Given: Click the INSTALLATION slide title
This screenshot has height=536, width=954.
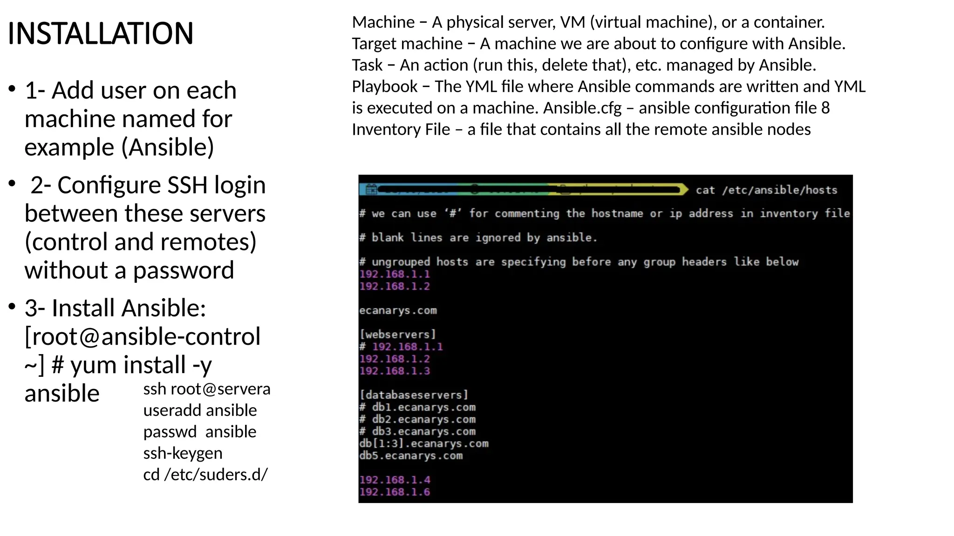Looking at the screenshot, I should point(100,33).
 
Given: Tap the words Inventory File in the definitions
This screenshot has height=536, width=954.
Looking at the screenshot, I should point(401,129).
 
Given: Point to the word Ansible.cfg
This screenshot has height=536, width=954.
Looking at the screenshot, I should point(582,108).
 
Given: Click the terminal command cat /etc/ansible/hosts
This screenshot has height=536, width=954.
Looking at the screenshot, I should point(766,190).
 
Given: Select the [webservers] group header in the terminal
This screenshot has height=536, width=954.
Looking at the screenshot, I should point(397,335).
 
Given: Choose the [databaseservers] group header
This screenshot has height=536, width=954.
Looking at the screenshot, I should point(413,395).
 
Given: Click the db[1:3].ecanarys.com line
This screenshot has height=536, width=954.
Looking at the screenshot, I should point(423,443).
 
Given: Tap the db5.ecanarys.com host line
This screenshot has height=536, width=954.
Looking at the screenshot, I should point(410,456).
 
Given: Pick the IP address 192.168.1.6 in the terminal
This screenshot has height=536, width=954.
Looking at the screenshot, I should point(394,492).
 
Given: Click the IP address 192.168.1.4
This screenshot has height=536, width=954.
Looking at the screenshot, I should point(394,480).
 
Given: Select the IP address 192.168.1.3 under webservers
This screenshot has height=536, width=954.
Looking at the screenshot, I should point(394,371).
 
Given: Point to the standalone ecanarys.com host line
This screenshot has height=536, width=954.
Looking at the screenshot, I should point(397,310).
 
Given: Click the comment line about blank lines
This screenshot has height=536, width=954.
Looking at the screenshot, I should point(477,238).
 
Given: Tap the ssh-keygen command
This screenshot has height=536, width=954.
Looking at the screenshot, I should point(183,453).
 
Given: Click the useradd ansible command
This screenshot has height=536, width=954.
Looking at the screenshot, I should point(200,410).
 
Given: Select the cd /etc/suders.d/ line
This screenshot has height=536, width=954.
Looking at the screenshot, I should point(205,475).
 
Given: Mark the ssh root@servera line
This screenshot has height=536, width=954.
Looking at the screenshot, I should point(206,389).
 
